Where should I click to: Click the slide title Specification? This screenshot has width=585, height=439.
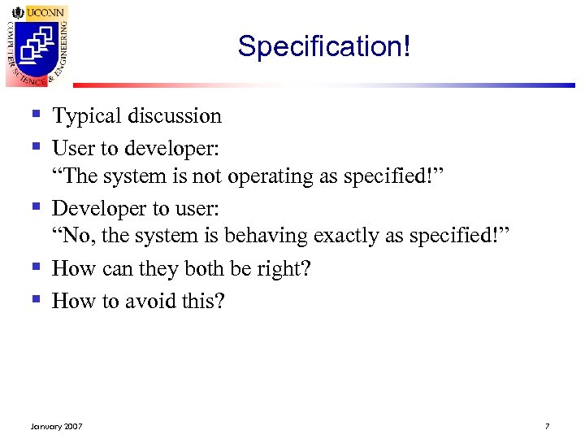pyautogui.click(x=324, y=46)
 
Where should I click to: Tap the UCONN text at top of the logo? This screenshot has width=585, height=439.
pyautogui.click(x=41, y=13)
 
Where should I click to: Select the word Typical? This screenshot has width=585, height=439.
pyautogui.click(x=84, y=116)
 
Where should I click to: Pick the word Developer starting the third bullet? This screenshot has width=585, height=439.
pyautogui.click(x=98, y=209)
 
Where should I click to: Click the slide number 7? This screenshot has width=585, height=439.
pyautogui.click(x=548, y=426)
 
